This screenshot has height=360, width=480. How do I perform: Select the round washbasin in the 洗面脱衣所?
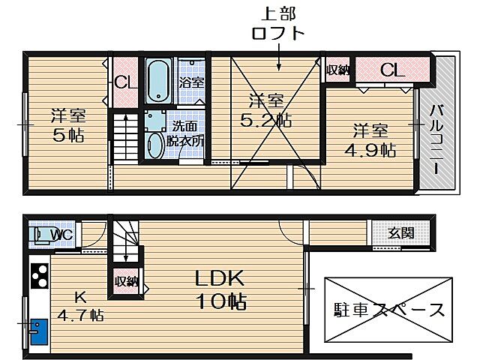click(155, 144)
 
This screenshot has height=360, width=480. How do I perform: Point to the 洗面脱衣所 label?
click(183, 133)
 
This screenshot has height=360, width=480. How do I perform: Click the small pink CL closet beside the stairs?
click(124, 83)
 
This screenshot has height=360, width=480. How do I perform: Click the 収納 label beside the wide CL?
click(338, 70)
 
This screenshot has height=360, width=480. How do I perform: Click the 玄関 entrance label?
click(400, 233)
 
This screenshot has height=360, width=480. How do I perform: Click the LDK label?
click(220, 278)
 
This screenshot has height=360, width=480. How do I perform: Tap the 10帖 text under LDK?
click(220, 301)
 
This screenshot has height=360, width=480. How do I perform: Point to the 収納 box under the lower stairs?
click(126, 281)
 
